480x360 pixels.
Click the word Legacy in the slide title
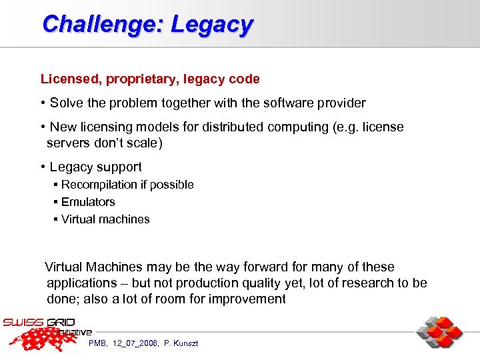click(x=212, y=25)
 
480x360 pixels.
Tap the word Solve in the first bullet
click(x=65, y=103)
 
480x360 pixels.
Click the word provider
click(x=339, y=103)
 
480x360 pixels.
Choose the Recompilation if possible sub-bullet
click(x=127, y=185)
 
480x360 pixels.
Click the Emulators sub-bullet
click(x=88, y=202)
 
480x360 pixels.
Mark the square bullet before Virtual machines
click(x=56, y=219)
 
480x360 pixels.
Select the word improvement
click(x=247, y=299)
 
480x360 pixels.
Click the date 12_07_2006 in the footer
click(x=136, y=343)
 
